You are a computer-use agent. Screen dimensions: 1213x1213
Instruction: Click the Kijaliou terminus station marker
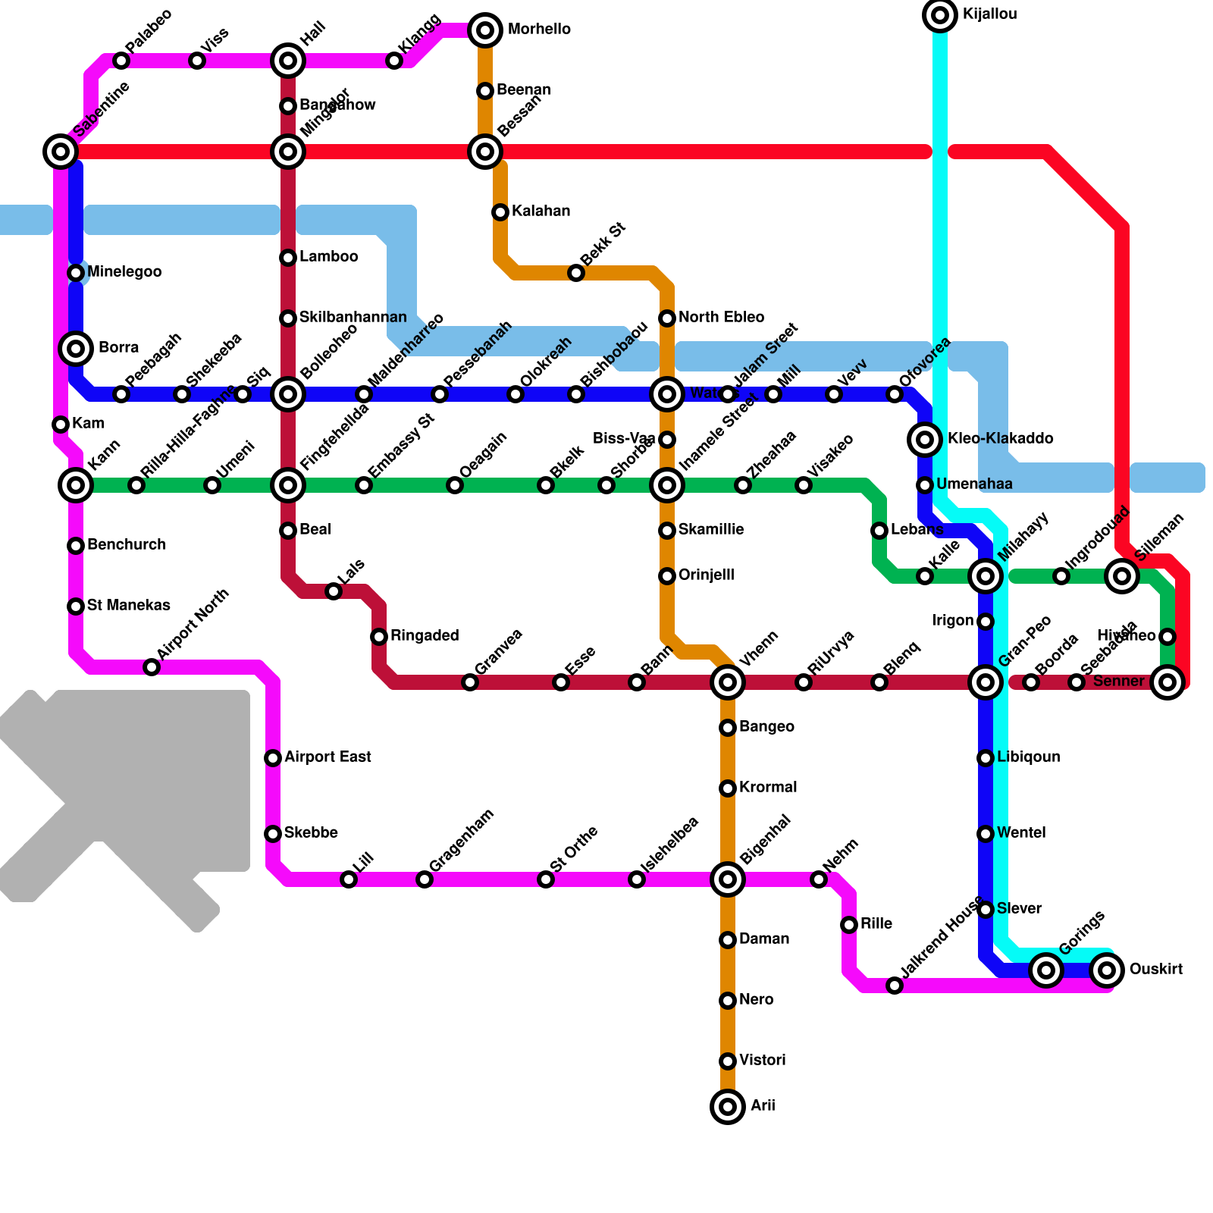click(940, 15)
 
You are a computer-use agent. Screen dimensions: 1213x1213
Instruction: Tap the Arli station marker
click(728, 1107)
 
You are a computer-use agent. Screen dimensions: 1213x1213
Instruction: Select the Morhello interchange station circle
click(485, 30)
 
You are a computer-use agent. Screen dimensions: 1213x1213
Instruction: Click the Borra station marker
click(76, 349)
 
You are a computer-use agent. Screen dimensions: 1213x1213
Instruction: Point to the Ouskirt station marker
click(1107, 970)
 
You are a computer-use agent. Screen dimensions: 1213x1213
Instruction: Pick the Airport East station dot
click(273, 758)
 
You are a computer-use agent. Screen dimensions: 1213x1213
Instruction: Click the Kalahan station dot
click(500, 212)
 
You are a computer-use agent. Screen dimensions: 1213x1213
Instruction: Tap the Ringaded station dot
click(379, 637)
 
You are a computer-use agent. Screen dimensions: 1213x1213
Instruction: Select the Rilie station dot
click(849, 925)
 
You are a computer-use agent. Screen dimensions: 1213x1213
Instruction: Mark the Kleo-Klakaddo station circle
click(925, 439)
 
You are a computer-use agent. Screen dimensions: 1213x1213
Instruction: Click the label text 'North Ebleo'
click(721, 318)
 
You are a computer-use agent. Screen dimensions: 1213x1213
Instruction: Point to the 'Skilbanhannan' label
click(353, 318)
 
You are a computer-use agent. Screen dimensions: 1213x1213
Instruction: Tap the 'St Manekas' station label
click(128, 606)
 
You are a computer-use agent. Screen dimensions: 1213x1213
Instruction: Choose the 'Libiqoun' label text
click(1028, 757)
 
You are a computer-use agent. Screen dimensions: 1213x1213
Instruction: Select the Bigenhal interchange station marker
click(728, 879)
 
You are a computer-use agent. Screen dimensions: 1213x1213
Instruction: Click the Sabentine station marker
click(61, 152)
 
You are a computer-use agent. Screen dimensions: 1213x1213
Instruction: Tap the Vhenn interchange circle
click(728, 682)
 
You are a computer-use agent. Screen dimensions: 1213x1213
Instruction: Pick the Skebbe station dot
click(273, 834)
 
